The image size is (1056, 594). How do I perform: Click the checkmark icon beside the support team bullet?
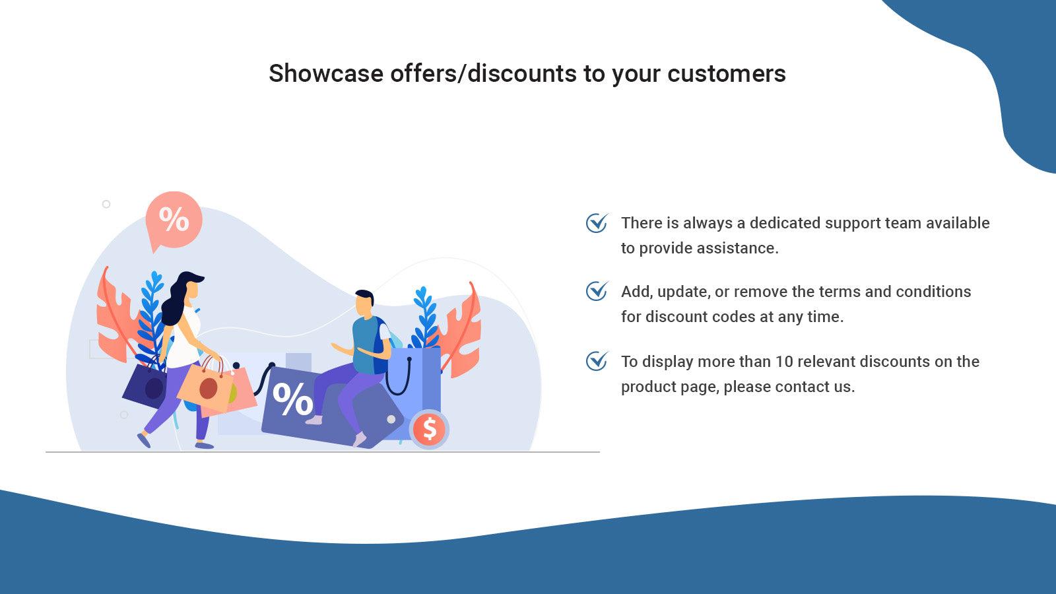597,223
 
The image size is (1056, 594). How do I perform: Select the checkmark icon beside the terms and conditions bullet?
597,291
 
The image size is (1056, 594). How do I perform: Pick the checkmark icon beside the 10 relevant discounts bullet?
597,361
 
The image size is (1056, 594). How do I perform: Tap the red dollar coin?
429,429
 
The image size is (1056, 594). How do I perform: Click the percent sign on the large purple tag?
292,399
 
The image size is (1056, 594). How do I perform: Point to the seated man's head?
364,304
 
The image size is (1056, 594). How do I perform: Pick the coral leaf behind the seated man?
462,330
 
